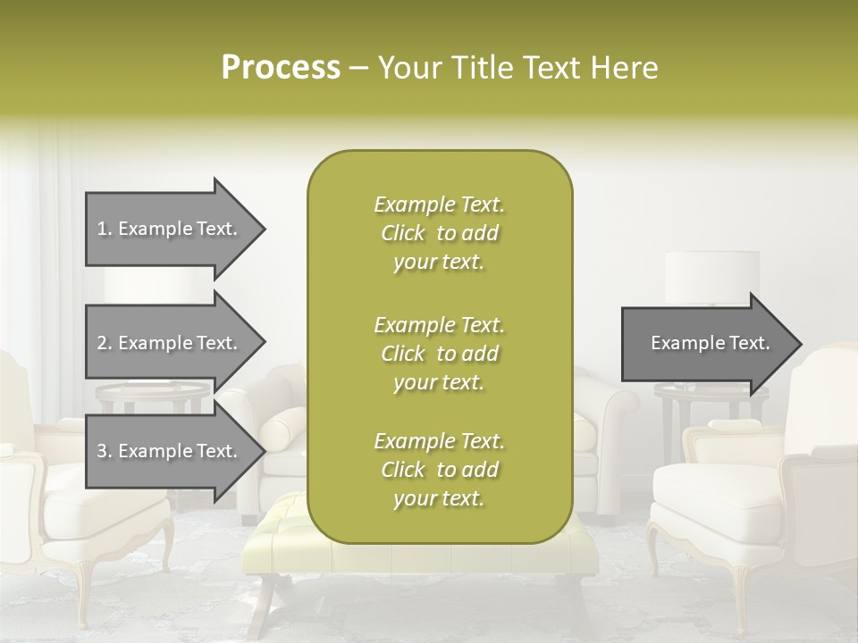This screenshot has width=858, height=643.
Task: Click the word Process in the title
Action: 281,68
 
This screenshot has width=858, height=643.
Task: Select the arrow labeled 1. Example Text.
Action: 170,229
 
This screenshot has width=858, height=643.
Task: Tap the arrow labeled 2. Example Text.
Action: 170,343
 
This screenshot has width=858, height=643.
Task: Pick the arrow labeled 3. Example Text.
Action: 170,451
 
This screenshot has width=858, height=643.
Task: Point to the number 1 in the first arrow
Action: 102,229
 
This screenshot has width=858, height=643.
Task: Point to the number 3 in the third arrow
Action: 102,451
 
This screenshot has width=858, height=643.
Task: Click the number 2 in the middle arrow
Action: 102,343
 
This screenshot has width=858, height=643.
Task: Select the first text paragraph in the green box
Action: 439,233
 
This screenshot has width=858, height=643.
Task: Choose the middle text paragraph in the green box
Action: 439,354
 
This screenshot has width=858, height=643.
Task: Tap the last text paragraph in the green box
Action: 439,470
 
